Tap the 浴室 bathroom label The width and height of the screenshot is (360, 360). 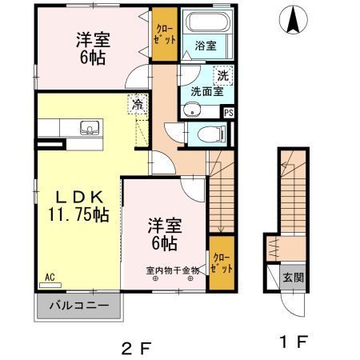pyautogui.click(x=206, y=46)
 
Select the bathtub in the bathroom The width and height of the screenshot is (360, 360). pyautogui.click(x=205, y=25)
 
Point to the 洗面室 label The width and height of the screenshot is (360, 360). pyautogui.click(x=205, y=90)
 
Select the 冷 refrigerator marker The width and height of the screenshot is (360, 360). pyautogui.click(x=138, y=104)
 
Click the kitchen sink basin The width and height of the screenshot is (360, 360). pyautogui.click(x=90, y=126)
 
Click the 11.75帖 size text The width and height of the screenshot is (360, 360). pyautogui.click(x=78, y=214)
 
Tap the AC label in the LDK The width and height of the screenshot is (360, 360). pyautogui.click(x=50, y=277)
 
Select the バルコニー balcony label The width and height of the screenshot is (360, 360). pyautogui.click(x=78, y=305)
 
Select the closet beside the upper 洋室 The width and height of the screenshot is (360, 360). pyautogui.click(x=165, y=34)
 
